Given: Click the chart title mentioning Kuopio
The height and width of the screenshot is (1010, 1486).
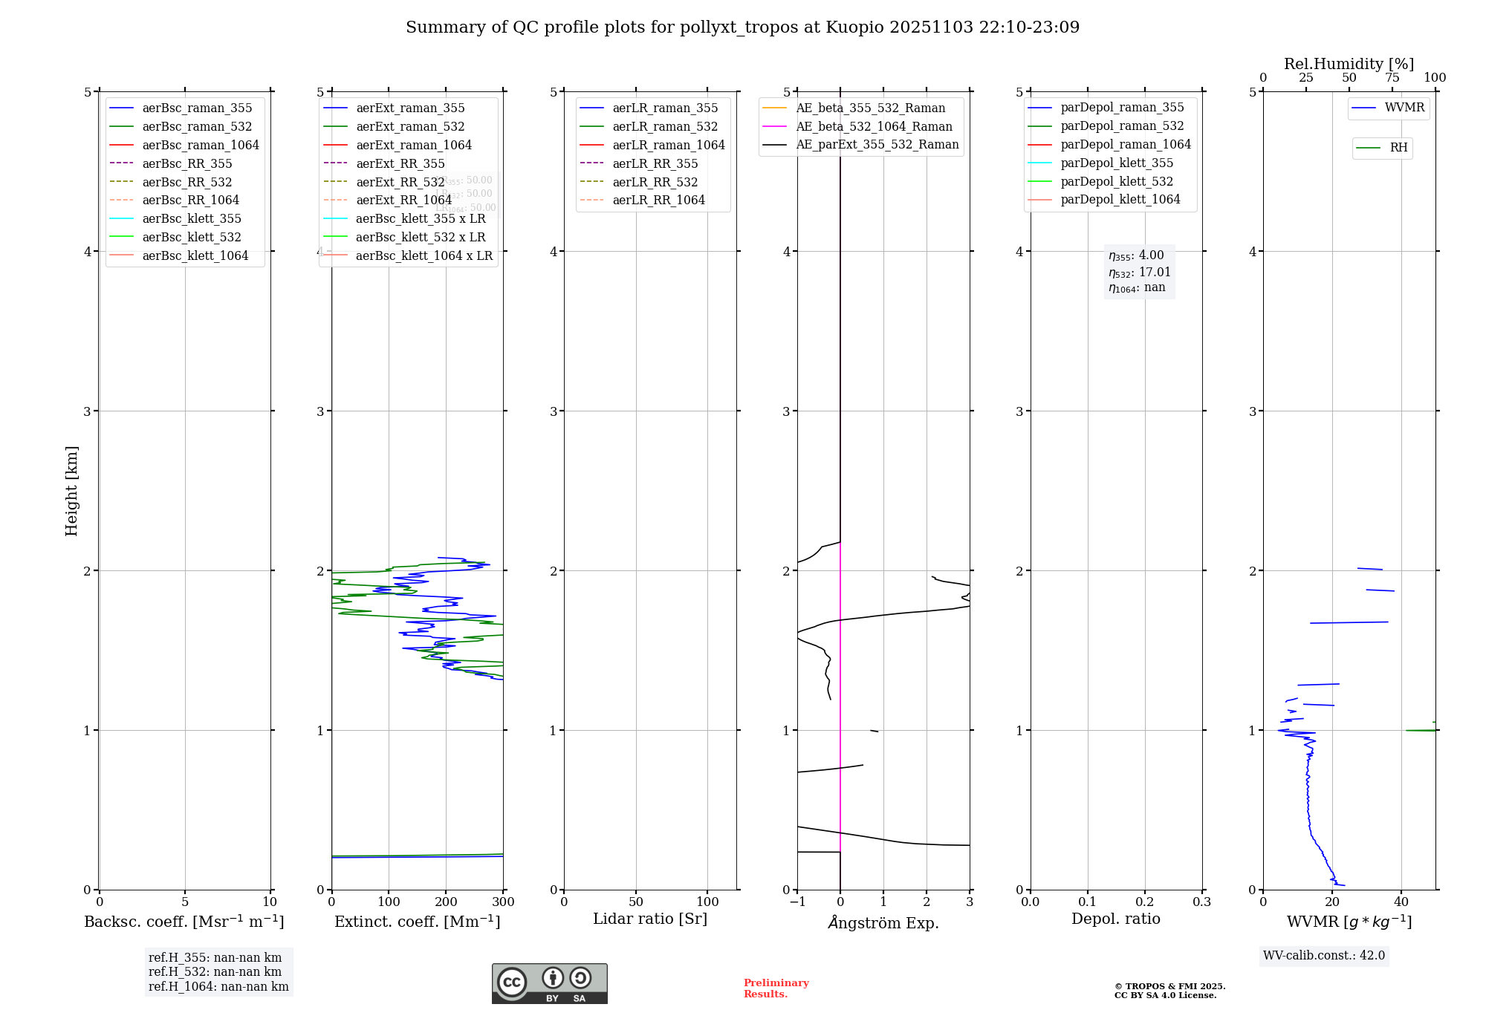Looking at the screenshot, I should pyautogui.click(x=742, y=27).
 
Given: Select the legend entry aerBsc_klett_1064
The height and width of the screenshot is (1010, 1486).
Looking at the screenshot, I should pyautogui.click(x=195, y=255).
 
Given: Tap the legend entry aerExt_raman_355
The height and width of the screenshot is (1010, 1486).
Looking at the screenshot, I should pyautogui.click(x=410, y=108).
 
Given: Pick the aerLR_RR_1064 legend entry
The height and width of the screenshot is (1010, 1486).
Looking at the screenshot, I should pyautogui.click(x=658, y=200).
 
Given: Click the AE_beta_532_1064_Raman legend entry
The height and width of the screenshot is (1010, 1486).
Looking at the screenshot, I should pyautogui.click(x=874, y=126).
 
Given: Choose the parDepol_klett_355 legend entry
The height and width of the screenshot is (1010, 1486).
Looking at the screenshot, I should pyautogui.click(x=1117, y=163).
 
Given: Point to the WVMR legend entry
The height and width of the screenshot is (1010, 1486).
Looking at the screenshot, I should pyautogui.click(x=1404, y=108).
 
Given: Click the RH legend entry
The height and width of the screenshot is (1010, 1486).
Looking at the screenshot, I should pyautogui.click(x=1398, y=148).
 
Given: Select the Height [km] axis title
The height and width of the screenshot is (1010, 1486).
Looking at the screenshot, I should pyautogui.click(x=71, y=490).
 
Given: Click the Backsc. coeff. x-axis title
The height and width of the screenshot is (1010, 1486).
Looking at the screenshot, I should pyautogui.click(x=184, y=922).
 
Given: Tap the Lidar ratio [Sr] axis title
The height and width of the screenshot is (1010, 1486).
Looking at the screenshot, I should pyautogui.click(x=650, y=919).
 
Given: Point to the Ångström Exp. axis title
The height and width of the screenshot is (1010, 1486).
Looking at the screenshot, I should pyautogui.click(x=883, y=922).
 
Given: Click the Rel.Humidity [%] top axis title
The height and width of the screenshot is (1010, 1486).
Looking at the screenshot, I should pyautogui.click(x=1349, y=64).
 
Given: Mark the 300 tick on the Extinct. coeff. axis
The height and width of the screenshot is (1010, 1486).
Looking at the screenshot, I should pyautogui.click(x=503, y=902).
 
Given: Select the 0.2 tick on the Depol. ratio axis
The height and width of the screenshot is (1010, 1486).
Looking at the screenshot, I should pyautogui.click(x=1145, y=902).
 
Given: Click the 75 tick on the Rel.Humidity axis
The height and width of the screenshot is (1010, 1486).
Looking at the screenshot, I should pyautogui.click(x=1392, y=78).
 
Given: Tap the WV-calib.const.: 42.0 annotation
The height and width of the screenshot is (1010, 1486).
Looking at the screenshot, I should pyautogui.click(x=1324, y=955).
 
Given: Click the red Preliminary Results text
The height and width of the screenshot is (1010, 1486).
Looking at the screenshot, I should pyautogui.click(x=776, y=988).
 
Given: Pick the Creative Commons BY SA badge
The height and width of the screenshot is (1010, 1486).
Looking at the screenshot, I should pyautogui.click(x=549, y=984).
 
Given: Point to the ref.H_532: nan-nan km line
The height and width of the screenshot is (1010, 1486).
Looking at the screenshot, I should pyautogui.click(x=215, y=972).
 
